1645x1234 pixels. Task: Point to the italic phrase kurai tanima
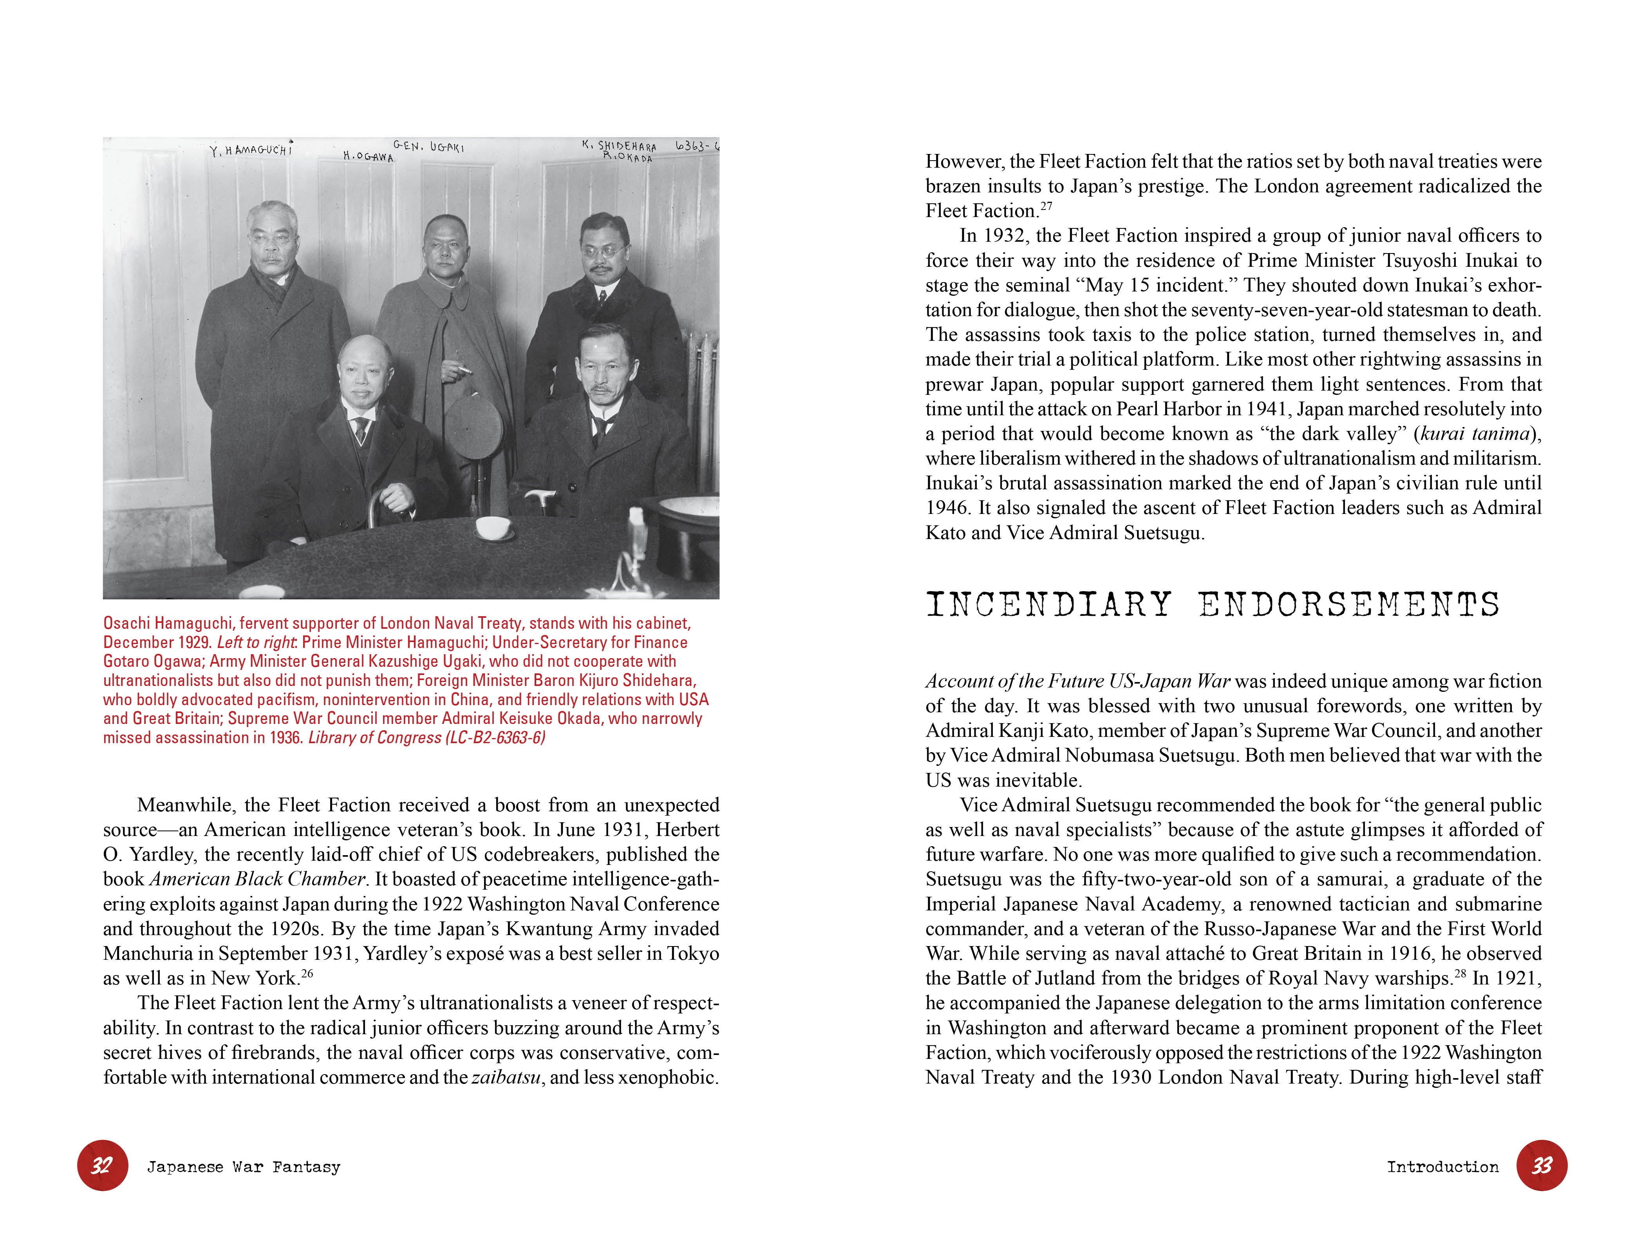click(1475, 434)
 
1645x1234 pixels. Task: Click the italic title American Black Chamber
click(257, 879)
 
